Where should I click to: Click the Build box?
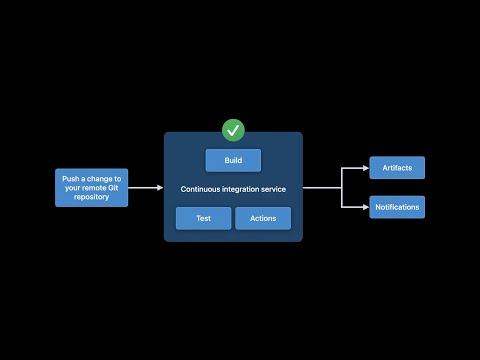point(233,160)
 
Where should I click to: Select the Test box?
point(203,218)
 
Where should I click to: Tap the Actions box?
point(263,218)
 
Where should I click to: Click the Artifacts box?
point(397,167)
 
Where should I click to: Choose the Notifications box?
point(397,207)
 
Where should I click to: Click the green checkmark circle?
point(233,129)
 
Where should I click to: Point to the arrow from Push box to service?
point(146,187)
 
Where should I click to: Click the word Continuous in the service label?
point(202,189)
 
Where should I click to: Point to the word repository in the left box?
point(91,197)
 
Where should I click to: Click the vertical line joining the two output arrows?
point(342,187)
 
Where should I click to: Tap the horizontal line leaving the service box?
point(322,187)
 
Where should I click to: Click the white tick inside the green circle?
point(233,129)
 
